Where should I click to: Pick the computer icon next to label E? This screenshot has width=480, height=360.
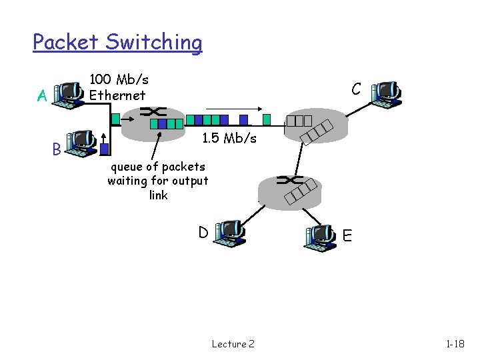[321, 237]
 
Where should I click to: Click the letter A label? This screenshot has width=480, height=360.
[41, 97]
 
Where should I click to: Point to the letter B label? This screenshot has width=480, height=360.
[57, 149]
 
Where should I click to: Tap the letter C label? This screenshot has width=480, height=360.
[357, 89]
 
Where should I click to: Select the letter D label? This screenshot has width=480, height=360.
[203, 233]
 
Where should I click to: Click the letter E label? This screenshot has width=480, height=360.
[347, 235]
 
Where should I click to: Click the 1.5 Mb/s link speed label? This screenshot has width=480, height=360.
[229, 139]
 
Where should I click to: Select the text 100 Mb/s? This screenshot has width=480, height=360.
[119, 80]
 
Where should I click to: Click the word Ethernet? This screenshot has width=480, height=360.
[117, 95]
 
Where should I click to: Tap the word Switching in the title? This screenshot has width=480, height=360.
[153, 42]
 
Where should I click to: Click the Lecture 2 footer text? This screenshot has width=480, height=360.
[233, 344]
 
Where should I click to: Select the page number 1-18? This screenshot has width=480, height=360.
[455, 344]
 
